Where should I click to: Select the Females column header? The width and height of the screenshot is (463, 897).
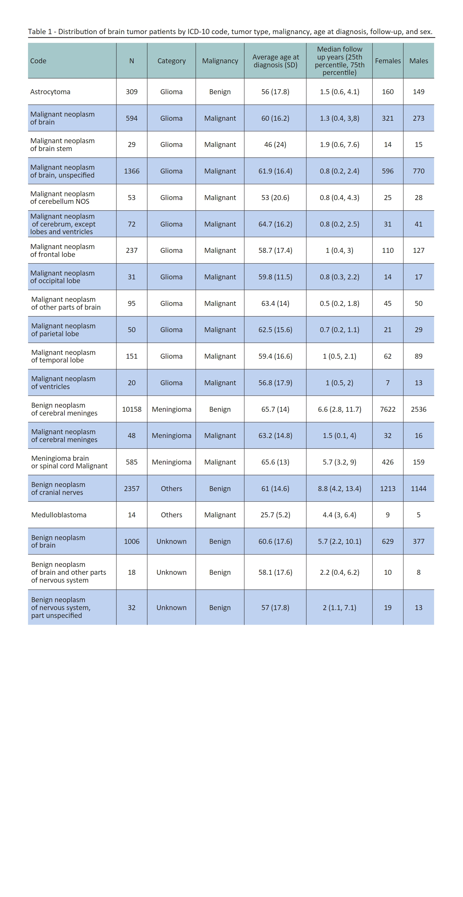point(387,61)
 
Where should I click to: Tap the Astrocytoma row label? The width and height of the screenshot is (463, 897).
point(50,92)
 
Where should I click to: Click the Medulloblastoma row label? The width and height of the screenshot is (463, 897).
point(59,515)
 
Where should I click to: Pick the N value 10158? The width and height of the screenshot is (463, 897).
point(131,409)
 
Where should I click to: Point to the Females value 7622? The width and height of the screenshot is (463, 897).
point(387,409)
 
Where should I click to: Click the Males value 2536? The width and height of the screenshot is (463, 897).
point(418,409)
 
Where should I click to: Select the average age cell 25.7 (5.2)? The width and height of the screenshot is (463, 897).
point(275,515)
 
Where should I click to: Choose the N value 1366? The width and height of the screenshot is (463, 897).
point(131,171)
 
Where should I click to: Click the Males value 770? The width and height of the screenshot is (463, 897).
point(418,171)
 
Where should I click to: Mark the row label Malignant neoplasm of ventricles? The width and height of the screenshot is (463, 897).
point(63,383)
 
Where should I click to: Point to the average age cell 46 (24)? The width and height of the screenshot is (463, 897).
point(275,145)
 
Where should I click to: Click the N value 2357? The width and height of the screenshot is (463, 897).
point(131,488)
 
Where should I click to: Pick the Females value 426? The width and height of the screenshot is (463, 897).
point(387,462)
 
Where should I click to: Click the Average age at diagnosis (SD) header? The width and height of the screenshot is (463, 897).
point(275,61)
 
